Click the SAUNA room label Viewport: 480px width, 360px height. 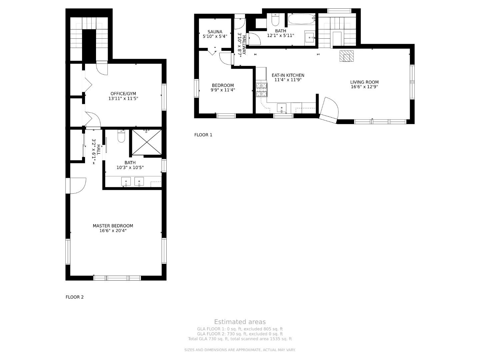[215, 32]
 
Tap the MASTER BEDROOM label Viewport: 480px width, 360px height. [113, 226]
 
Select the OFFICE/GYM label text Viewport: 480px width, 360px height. [123, 94]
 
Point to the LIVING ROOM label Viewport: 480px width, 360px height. [364, 82]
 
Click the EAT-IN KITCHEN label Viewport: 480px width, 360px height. [288, 75]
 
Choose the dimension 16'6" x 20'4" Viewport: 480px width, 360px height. [113, 231]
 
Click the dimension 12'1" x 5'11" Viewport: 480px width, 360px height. [281, 36]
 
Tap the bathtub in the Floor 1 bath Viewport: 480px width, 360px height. [302, 19]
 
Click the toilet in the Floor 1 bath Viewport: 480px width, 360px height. [275, 20]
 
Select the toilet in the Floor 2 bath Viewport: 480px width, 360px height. [121, 136]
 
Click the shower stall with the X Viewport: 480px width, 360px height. [147, 142]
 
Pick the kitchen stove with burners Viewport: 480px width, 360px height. [262, 90]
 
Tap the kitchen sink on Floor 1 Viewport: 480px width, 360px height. [281, 108]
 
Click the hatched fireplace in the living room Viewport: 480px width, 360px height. [346, 56]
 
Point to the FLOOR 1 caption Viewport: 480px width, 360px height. [203, 135]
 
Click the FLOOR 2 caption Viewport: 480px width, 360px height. [75, 297]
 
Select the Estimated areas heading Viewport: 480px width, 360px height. [240, 322]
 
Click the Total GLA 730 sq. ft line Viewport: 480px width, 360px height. [240, 339]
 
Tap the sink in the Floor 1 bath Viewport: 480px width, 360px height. [310, 38]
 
